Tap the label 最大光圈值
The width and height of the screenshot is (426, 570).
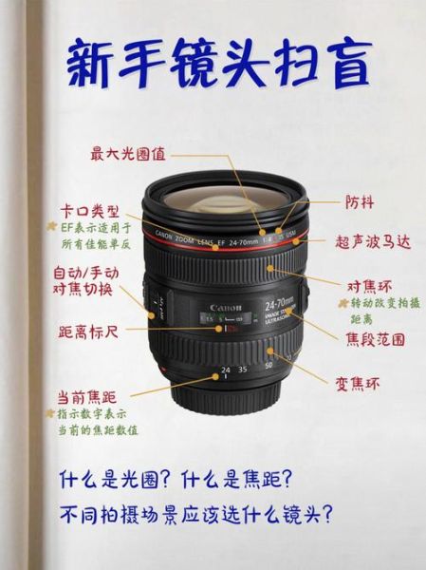128,152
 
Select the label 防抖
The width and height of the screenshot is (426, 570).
360,201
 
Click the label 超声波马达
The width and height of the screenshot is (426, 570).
373,242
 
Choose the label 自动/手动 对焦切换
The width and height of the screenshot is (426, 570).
86,281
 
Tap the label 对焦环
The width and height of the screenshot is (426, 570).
369,285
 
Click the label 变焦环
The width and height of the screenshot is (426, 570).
358,384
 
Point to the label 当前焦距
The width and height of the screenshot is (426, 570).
86,395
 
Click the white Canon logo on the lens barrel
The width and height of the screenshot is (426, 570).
228,308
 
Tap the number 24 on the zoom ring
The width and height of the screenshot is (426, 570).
225,369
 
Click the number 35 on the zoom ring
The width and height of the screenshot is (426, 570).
243,369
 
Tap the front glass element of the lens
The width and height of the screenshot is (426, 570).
225,201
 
